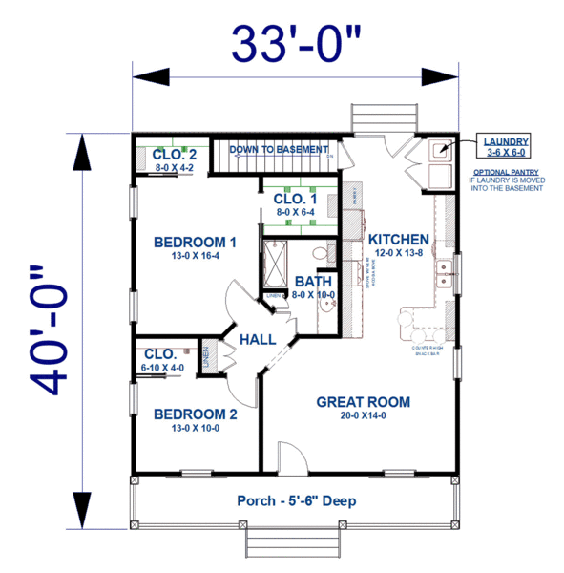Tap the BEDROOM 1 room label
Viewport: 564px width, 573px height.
click(194, 242)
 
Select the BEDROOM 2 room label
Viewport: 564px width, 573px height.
click(194, 414)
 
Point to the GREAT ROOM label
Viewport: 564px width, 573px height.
click(363, 402)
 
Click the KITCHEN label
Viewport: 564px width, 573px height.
click(398, 239)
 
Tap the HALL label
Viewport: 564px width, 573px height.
click(257, 339)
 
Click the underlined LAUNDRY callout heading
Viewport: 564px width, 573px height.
click(505, 140)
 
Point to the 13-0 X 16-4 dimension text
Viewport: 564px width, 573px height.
click(194, 256)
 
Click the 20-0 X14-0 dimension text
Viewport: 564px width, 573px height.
click(363, 417)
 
